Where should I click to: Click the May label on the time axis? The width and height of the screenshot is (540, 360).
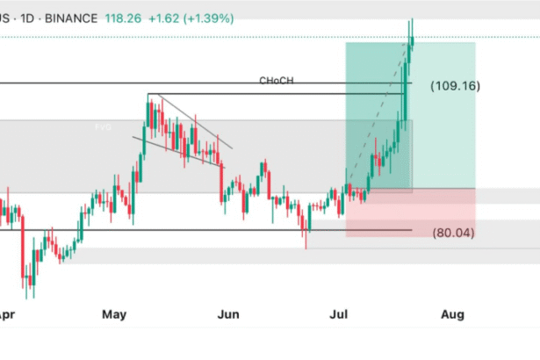coord(113,313)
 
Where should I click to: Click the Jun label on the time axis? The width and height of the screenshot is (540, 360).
coord(228,313)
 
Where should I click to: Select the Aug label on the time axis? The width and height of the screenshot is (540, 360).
coord(453,313)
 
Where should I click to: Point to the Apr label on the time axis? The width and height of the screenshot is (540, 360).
coord(4,313)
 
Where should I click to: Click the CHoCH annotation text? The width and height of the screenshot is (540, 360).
coord(276,81)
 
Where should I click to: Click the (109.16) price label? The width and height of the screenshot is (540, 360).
coord(455,87)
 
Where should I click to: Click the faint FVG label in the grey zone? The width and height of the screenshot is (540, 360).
coord(104,127)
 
